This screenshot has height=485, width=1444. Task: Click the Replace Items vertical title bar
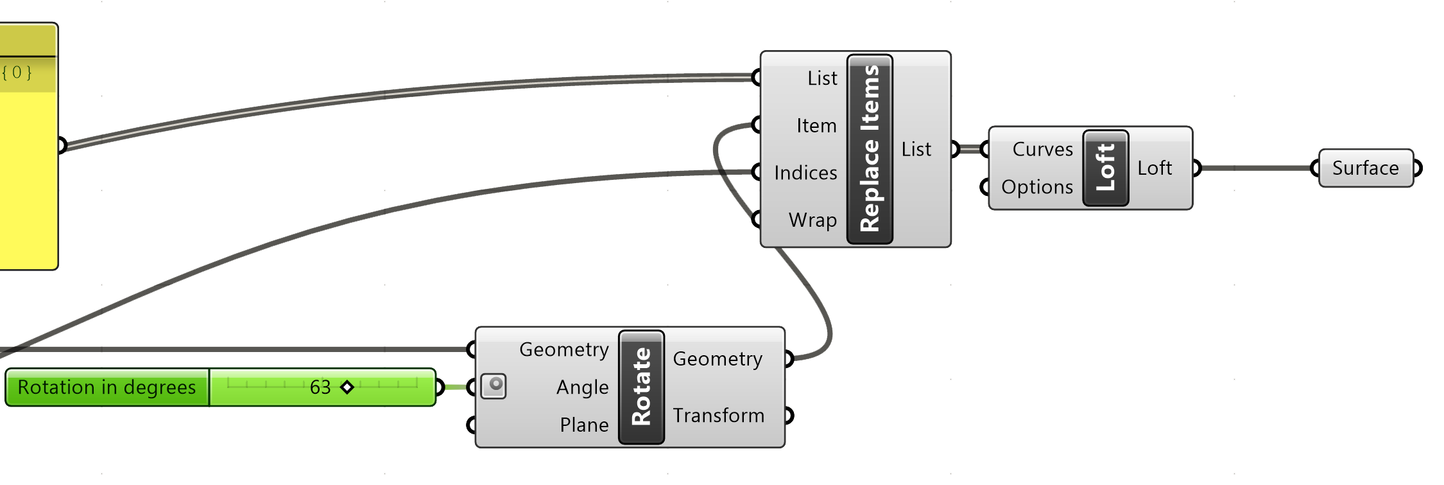870,149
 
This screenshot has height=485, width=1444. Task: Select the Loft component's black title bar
1105,168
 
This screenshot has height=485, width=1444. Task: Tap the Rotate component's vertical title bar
641,387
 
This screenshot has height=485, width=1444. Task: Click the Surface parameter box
1365,168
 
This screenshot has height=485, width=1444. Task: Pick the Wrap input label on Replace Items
812,220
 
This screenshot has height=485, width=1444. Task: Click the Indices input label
805,173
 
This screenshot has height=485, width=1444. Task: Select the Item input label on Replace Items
816,125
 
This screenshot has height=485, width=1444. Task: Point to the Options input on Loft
1036,187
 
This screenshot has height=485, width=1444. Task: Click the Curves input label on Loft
1042,149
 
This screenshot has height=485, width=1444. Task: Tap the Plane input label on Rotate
584,425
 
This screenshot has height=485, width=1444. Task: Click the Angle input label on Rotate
582,387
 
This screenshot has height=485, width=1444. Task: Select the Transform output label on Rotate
718,416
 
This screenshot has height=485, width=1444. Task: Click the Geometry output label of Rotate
718,358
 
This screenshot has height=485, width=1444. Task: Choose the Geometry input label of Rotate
563,349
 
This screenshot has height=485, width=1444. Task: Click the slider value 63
320,387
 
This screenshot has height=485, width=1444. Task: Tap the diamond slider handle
347,387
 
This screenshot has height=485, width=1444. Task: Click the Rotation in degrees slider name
107,387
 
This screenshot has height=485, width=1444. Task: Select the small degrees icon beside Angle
494,386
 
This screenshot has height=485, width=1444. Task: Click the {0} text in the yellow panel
17,72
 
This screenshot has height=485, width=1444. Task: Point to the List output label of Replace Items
916,149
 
